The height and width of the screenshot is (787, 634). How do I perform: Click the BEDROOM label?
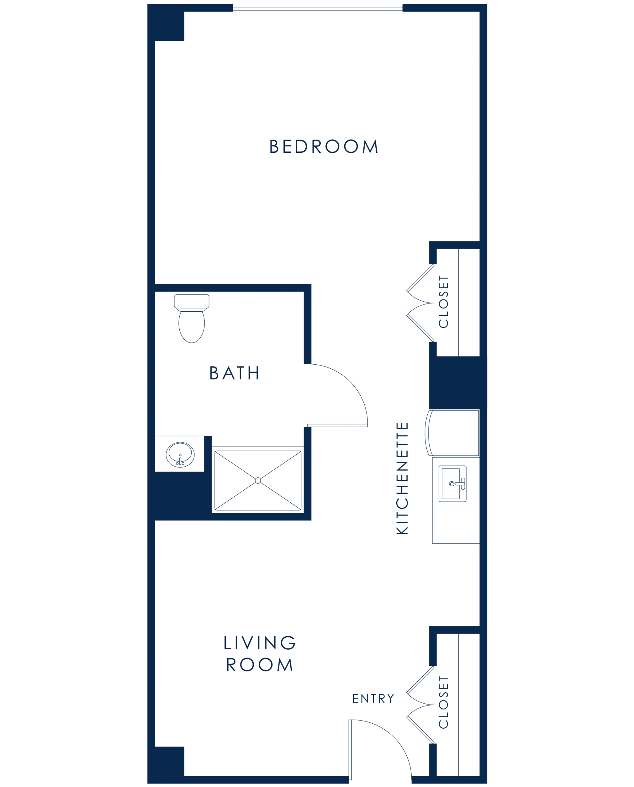tap(323, 147)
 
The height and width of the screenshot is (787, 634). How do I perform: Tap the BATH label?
tap(234, 373)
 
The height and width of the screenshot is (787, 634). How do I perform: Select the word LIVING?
tap(260, 643)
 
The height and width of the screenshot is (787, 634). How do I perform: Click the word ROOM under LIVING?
tap(260, 664)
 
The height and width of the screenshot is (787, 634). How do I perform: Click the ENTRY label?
tap(373, 698)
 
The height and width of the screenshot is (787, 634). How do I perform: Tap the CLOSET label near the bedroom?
tap(444, 302)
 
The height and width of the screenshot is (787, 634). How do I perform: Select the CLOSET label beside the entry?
tap(444, 702)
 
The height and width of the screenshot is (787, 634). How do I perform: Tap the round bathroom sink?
tap(180, 454)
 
